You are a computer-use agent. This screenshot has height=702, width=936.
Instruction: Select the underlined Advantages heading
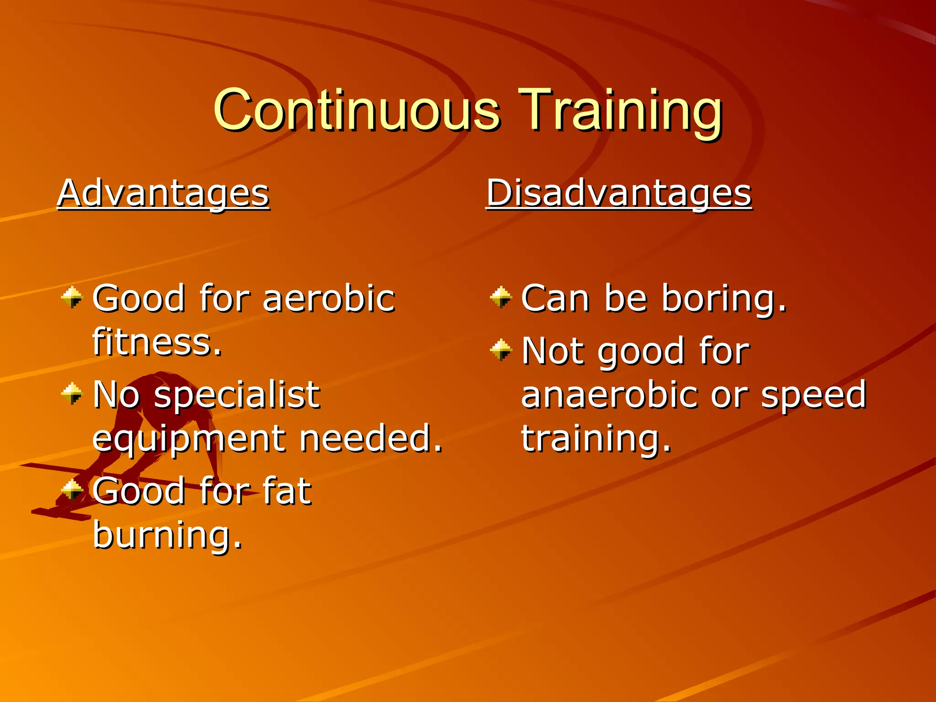coord(163,193)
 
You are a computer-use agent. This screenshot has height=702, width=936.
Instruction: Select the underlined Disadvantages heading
coord(619,193)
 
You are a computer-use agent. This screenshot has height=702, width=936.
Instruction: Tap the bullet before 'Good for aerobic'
coord(72,298)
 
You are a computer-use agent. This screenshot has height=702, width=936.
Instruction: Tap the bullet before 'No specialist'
coord(72,394)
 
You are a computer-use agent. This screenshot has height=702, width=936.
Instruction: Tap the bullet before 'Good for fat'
coord(72,490)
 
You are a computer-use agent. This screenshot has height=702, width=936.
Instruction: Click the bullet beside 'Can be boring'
coord(501,298)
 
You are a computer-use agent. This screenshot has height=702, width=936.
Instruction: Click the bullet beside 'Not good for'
coord(501,350)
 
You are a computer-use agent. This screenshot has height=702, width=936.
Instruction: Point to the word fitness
coord(157,342)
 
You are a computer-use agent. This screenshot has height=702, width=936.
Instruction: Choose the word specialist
coord(237,394)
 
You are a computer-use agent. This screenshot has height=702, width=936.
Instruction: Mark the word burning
coord(167,535)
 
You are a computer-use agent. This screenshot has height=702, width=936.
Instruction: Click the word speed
coord(814,394)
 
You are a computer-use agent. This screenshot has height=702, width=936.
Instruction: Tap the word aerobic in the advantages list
coord(329,298)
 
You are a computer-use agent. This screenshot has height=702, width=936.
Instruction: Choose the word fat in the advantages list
coord(287,491)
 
